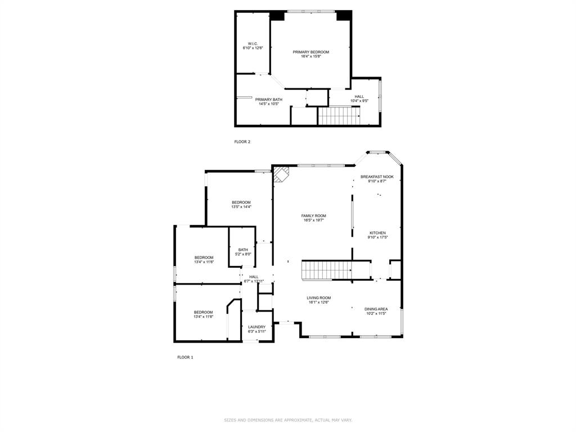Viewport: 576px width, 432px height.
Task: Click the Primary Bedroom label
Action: pyautogui.click(x=310, y=52)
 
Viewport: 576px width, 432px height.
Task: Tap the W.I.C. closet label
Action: pyautogui.click(x=253, y=44)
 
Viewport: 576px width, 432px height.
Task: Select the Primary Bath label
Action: pyautogui.click(x=268, y=100)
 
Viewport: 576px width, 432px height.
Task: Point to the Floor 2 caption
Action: pyautogui.click(x=242, y=142)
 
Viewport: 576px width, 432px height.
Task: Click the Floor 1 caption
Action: pyautogui.click(x=185, y=357)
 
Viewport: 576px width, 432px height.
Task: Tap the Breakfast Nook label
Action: pyautogui.click(x=377, y=177)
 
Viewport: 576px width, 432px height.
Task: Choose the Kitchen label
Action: pyautogui.click(x=377, y=233)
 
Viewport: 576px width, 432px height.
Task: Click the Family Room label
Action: pyautogui.click(x=313, y=216)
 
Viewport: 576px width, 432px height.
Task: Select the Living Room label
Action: pyautogui.click(x=318, y=298)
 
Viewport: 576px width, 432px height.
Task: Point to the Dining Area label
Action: pyautogui.click(x=376, y=309)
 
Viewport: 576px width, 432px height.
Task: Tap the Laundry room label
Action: pyautogui.click(x=257, y=327)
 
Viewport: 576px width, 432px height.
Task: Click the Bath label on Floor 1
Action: pyautogui.click(x=243, y=250)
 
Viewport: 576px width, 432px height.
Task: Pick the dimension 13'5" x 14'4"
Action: pyautogui.click(x=241, y=207)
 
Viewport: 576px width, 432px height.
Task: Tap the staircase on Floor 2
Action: pyautogui.click(x=339, y=116)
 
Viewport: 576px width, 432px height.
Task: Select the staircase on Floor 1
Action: pyautogui.click(x=327, y=270)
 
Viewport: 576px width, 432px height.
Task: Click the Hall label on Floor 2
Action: pyautogui.click(x=359, y=96)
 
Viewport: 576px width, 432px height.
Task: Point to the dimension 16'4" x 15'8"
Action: pyautogui.click(x=310, y=56)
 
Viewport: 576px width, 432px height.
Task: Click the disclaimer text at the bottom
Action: pyautogui.click(x=288, y=420)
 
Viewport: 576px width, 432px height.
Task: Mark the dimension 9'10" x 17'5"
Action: pyautogui.click(x=377, y=237)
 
